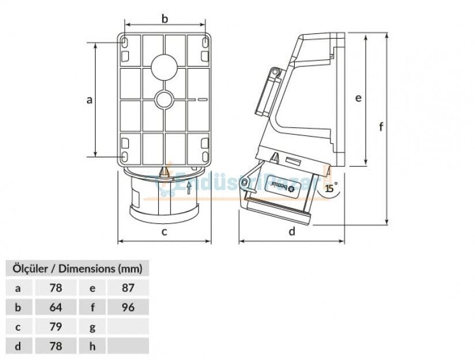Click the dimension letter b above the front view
pos(165,19)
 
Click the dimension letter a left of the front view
pos(89,100)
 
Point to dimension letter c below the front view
pos(164,232)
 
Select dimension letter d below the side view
pos(292,232)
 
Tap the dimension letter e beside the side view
pos(358,98)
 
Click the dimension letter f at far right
pos(381,127)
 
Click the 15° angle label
pos(330,188)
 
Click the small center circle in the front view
pos(164,100)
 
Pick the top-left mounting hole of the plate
pos(125,43)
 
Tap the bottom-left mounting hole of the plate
pos(125,156)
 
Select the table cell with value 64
pos(56,307)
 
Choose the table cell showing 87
pos(128,287)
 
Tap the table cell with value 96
pos(128,307)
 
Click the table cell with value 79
pos(56,327)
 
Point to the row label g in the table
pos(93,327)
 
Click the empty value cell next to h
pos(128,346)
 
